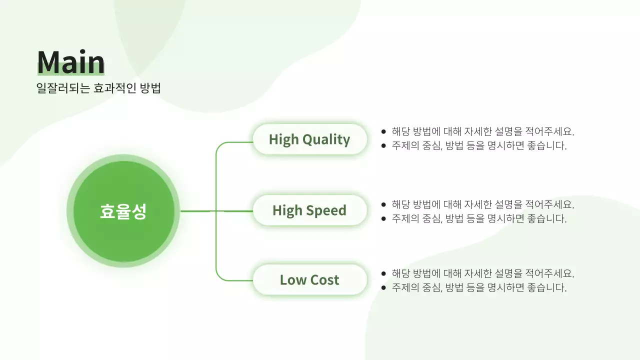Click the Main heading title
click(70, 62)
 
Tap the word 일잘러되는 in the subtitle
click(63, 88)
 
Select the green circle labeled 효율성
click(123, 211)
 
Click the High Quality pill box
click(309, 139)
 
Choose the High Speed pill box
click(309, 210)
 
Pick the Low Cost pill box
click(309, 280)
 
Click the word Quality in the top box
click(326, 139)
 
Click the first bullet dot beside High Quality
click(383, 132)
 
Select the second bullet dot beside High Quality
click(383, 146)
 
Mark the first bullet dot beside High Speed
click(383, 204)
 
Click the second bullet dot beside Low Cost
click(383, 287)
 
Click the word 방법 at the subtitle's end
click(150, 88)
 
